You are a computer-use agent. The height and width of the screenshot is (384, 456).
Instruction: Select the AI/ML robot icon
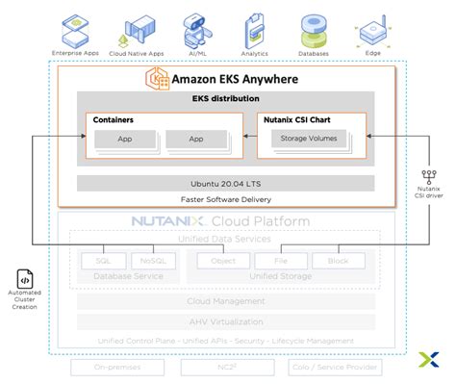pos(197,26)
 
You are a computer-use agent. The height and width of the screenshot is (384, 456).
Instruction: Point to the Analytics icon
pos(254,26)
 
